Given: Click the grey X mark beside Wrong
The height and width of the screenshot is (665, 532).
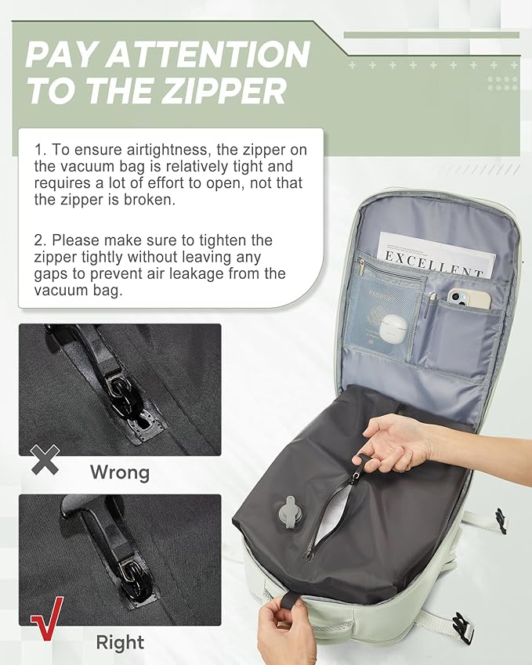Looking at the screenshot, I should tap(45, 460).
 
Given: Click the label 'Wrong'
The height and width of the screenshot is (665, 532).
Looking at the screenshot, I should tap(119, 472).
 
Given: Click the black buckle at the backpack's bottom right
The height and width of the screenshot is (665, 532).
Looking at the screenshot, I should tap(463, 627).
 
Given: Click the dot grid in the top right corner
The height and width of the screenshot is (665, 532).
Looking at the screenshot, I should tap(501, 82).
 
